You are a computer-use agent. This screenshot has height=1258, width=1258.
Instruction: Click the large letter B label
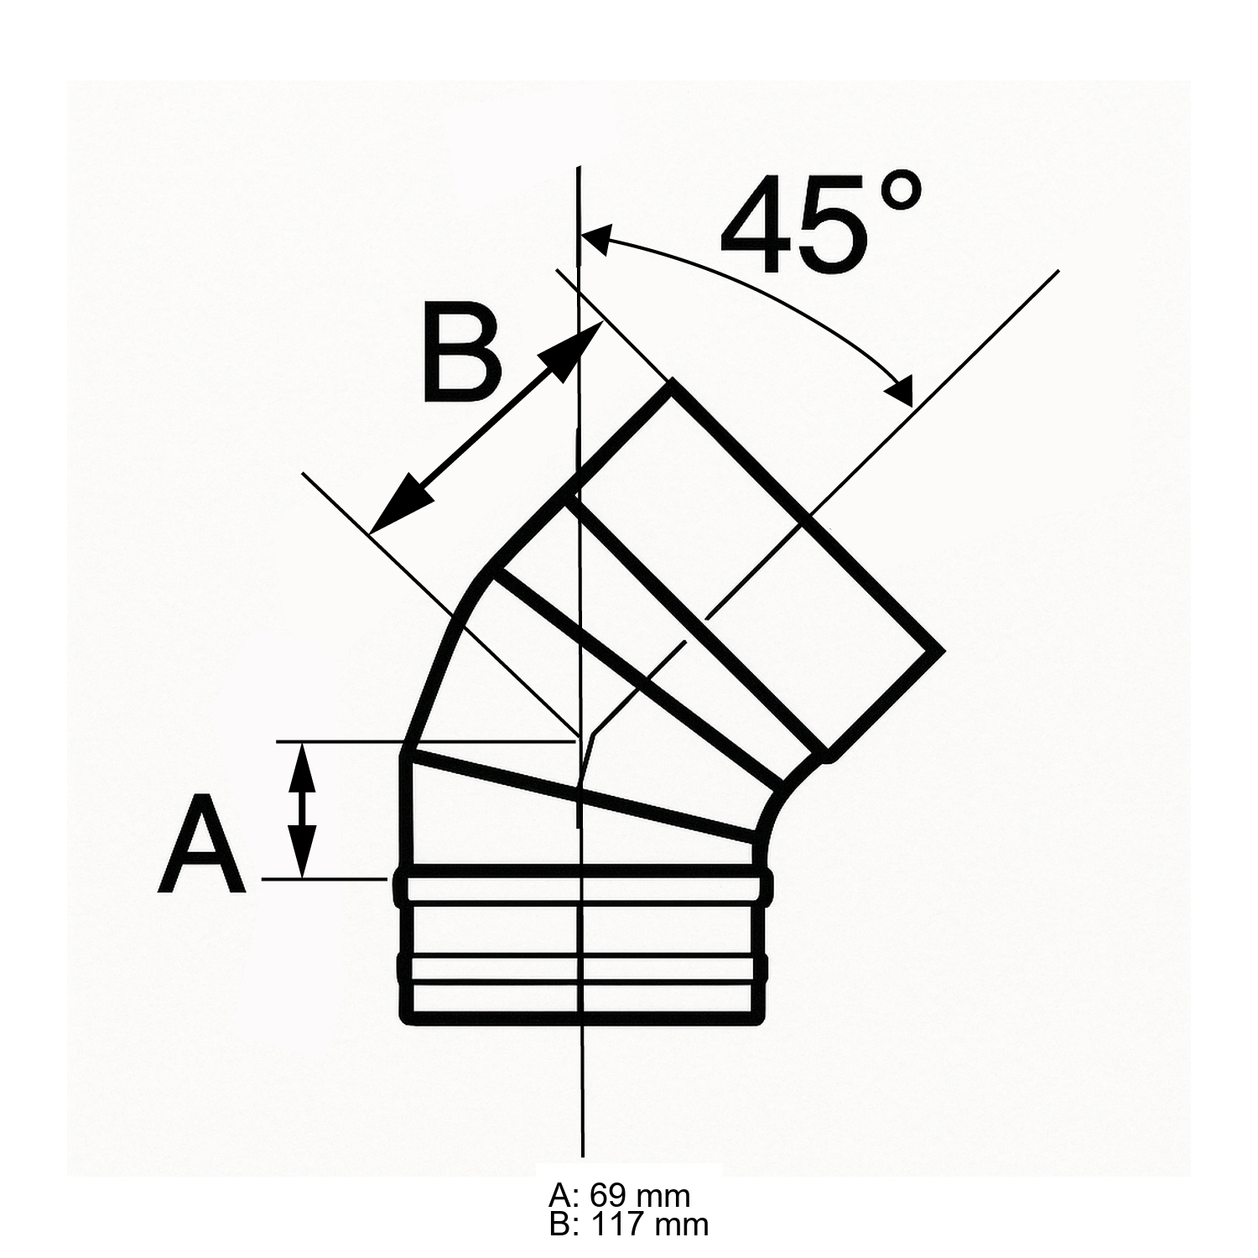click(x=461, y=355)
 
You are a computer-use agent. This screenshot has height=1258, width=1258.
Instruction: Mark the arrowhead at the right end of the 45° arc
click(x=902, y=392)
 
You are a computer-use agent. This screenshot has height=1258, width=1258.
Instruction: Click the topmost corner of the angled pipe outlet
click(x=671, y=382)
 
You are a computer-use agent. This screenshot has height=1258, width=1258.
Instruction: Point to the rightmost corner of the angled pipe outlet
click(x=942, y=650)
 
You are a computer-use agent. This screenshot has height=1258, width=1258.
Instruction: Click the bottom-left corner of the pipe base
click(x=405, y=1021)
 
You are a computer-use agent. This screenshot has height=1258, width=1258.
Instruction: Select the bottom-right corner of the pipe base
click(x=762, y=1021)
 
